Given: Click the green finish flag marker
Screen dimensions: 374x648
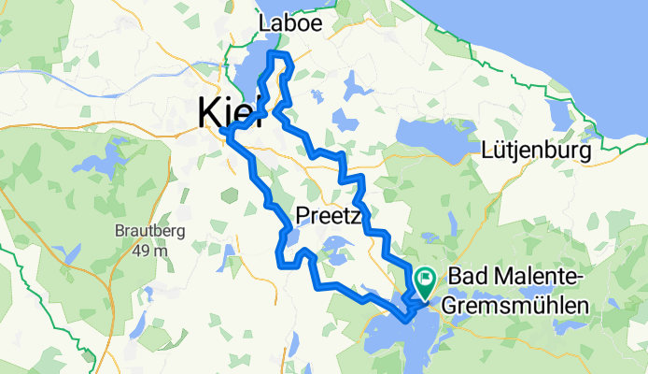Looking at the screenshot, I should point(426,277).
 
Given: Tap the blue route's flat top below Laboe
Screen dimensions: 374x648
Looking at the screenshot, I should point(280,55).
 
